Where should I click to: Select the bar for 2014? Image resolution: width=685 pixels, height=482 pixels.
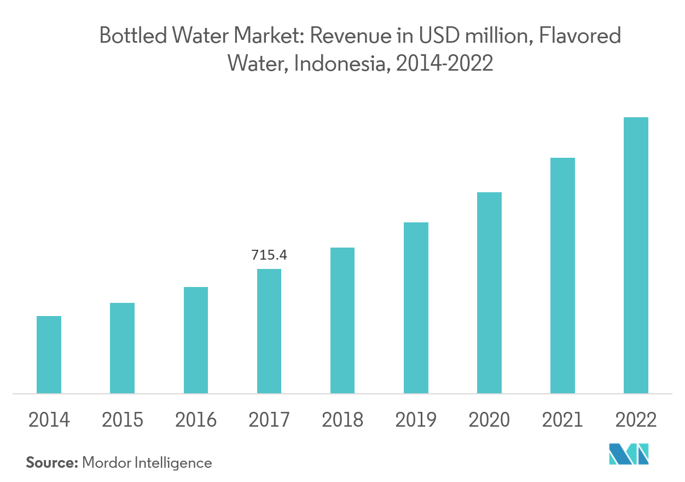pyautogui.click(x=49, y=354)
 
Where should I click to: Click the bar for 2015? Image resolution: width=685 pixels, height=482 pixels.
pyautogui.click(x=122, y=348)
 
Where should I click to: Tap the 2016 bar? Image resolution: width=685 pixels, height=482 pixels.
pyautogui.click(x=196, y=340)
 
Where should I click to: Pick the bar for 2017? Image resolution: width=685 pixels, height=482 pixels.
pyautogui.click(x=269, y=331)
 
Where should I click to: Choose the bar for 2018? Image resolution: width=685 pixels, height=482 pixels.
pyautogui.click(x=342, y=320)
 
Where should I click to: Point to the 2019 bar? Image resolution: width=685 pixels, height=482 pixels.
pyautogui.click(x=416, y=308)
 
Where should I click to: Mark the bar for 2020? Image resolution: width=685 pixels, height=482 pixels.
pyautogui.click(x=489, y=292)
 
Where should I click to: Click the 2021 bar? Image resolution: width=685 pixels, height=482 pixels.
pyautogui.click(x=562, y=276)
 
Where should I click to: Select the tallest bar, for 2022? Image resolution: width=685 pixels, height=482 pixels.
pyautogui.click(x=636, y=255)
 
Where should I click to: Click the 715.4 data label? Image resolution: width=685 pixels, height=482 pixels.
pyautogui.click(x=269, y=255)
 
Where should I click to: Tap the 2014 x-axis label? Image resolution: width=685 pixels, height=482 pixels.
pyautogui.click(x=49, y=420)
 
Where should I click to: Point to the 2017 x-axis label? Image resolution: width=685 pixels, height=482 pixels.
pyautogui.click(x=269, y=420)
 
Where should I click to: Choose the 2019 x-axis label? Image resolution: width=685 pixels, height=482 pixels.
pyautogui.click(x=416, y=420)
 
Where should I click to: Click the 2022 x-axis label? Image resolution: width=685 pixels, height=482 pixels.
pyautogui.click(x=636, y=420)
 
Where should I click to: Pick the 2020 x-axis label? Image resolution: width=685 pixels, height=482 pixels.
pyautogui.click(x=489, y=420)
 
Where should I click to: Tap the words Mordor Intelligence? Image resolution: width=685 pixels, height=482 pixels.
pyautogui.click(x=147, y=463)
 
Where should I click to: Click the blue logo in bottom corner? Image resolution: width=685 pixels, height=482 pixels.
pyautogui.click(x=629, y=455)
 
